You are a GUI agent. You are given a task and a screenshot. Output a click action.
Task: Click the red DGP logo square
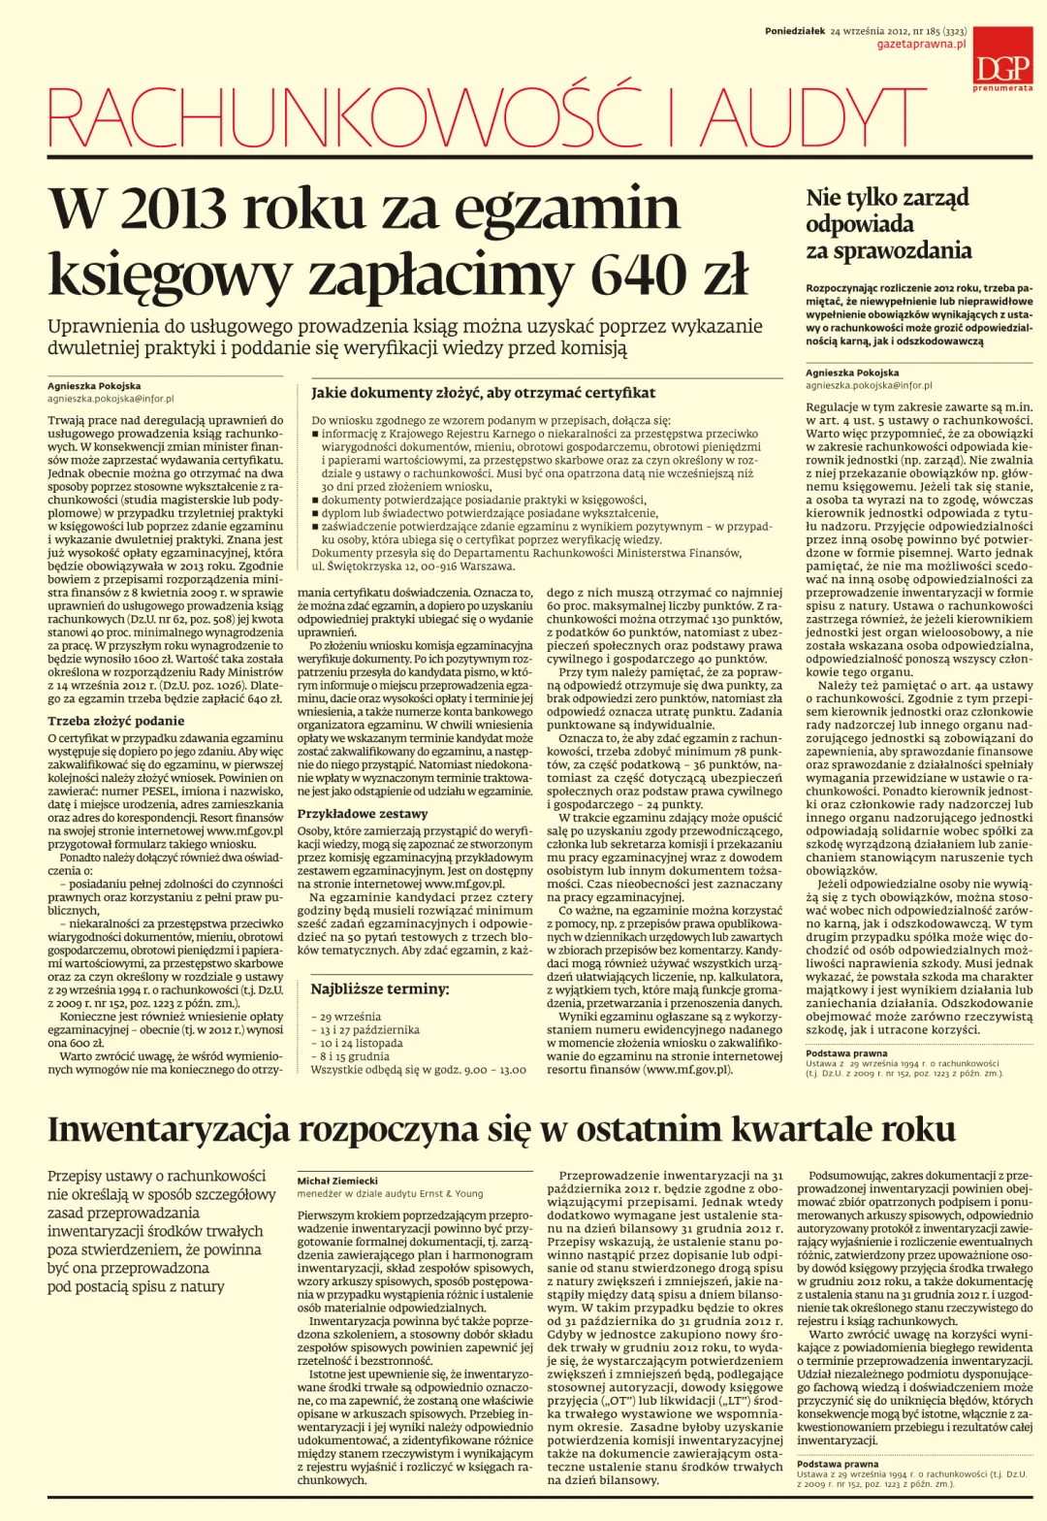[1002, 56]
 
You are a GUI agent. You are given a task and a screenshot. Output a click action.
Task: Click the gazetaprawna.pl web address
[921, 45]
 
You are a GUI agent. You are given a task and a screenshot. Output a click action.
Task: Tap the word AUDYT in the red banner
[809, 119]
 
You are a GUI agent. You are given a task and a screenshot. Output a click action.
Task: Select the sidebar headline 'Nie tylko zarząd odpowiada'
[887, 211]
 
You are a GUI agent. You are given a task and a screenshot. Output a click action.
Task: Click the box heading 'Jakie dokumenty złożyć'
[483, 393]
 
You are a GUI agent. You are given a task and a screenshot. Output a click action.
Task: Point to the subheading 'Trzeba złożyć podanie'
[115, 721]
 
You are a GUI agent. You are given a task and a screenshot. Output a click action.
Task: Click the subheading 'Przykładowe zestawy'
[362, 814]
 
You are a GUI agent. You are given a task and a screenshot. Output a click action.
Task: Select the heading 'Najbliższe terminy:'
[379, 989]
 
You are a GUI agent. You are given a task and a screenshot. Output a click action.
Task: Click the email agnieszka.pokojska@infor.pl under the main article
[111, 399]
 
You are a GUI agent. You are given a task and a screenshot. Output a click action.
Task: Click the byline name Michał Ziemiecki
[337, 1181]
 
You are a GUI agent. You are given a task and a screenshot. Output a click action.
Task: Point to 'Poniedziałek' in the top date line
[794, 31]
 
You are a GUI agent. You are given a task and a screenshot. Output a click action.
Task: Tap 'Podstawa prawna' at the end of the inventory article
[837, 1464]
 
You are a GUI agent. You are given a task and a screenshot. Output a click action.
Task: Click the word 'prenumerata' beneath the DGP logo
[1002, 88]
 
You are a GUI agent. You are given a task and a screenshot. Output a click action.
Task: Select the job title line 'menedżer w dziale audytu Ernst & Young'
[390, 1193]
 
